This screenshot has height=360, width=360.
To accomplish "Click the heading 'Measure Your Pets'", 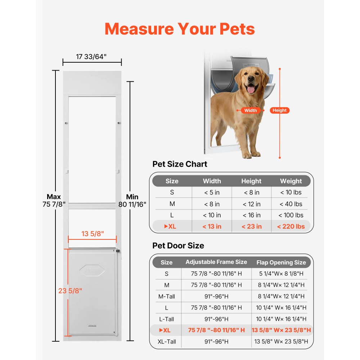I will point(180,29).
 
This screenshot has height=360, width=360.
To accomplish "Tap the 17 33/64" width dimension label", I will point(91,57).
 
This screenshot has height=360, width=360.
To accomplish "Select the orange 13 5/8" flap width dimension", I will point(93,234).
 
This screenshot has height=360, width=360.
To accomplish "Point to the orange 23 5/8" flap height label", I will point(70,291).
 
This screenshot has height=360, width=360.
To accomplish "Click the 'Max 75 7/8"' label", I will point(54,201).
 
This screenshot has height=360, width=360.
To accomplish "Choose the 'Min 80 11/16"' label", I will point(132,201).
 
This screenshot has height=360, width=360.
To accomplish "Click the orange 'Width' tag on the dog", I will point(251,111).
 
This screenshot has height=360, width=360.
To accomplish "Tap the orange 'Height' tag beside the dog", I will point(280,111).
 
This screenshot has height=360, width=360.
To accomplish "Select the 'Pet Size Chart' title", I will point(180,164).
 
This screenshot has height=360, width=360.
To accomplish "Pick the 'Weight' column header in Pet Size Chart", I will point(291,181).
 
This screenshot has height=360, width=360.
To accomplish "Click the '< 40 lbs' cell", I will point(291,204).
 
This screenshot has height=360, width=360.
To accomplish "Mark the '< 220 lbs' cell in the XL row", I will point(291,226).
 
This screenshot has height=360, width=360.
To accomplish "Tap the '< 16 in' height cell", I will point(251,215).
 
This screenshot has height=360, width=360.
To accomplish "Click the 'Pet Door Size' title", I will point(178,246).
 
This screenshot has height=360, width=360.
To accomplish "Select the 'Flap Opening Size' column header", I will point(281,262).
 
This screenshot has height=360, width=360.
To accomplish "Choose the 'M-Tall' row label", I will point(166,296).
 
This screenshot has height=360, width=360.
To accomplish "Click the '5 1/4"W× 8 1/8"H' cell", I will point(281,274).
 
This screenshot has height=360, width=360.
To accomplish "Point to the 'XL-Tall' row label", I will point(166,341).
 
